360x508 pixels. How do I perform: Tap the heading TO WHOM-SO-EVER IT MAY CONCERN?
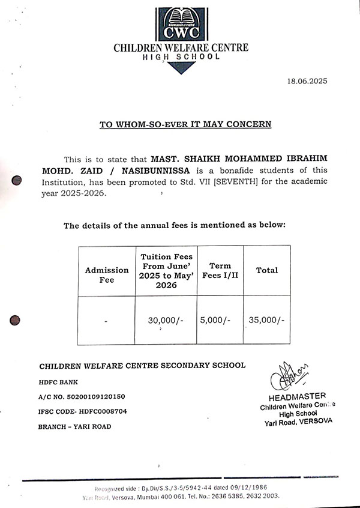tap(185, 124)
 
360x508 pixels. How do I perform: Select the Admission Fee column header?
tap(106, 275)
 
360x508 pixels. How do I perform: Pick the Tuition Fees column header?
tap(166, 271)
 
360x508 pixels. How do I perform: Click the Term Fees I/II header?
tap(220, 270)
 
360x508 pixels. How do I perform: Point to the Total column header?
tap(267, 270)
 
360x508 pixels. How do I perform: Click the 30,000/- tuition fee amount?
tap(166, 321)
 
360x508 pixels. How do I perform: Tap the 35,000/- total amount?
tap(266, 321)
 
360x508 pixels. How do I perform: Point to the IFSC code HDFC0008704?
tap(120, 411)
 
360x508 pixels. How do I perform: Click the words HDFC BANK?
tap(59, 382)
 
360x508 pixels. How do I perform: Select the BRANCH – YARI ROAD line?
tap(75, 426)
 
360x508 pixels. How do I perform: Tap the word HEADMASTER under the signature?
tap(298, 396)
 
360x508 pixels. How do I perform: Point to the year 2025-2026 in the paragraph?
tap(85, 194)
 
